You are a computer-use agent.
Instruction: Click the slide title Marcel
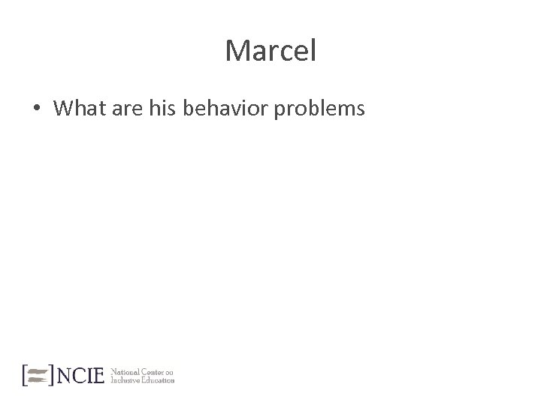(x=270, y=52)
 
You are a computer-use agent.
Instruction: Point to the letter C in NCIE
(x=77, y=375)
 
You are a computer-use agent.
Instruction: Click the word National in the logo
(x=124, y=370)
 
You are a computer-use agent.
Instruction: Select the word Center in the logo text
(x=152, y=370)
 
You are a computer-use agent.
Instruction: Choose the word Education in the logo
(x=160, y=379)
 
